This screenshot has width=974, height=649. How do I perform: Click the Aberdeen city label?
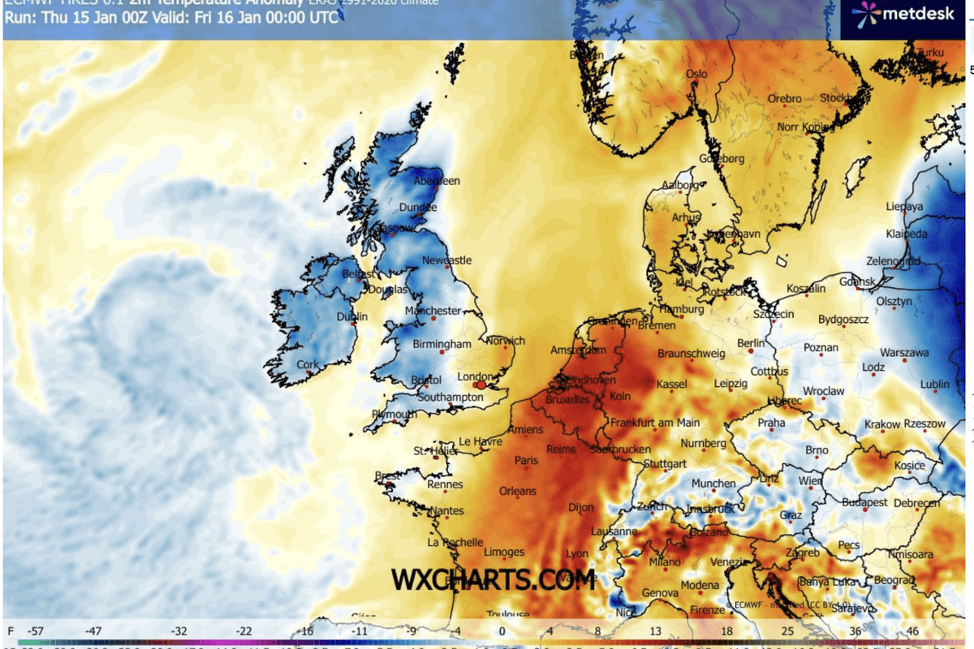click(437, 181)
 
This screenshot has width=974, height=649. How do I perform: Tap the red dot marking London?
click(481, 385)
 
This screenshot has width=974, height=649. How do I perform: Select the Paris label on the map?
click(526, 461)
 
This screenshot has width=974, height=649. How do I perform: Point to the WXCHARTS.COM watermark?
click(493, 579)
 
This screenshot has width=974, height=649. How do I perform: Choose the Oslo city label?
click(696, 74)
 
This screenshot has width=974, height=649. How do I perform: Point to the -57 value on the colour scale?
click(35, 630)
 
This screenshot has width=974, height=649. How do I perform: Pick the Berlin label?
click(751, 344)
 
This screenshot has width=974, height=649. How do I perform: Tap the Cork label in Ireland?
click(308, 365)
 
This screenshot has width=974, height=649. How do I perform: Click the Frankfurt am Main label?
click(655, 423)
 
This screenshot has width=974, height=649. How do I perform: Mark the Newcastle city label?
click(446, 260)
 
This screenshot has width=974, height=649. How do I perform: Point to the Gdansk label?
click(857, 282)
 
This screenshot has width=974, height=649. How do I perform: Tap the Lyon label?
click(577, 554)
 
